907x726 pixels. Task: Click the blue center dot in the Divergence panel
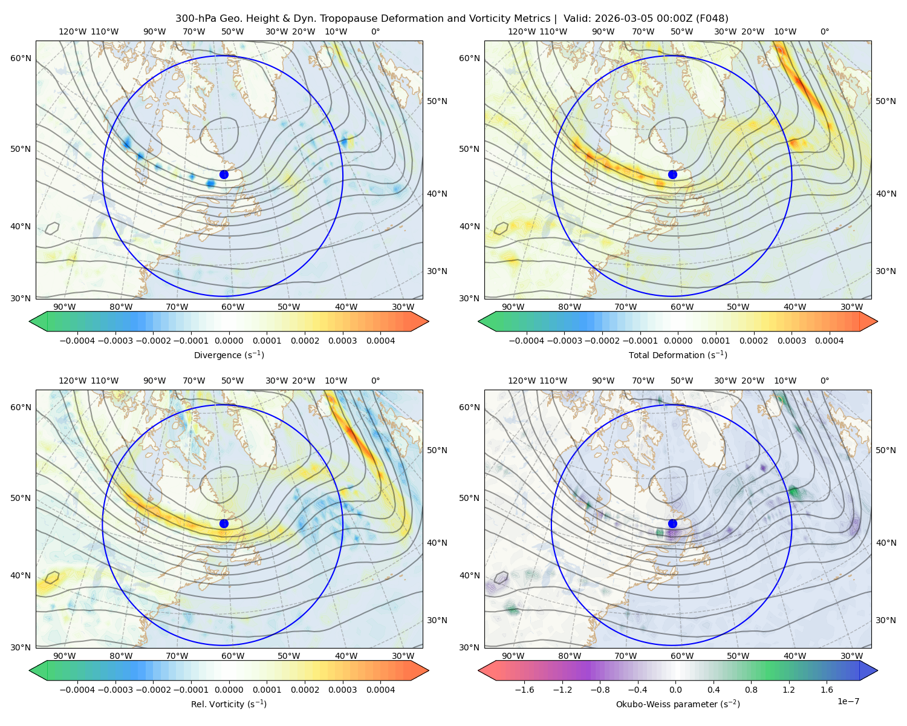pos(224,174)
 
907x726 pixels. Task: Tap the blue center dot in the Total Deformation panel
pos(672,174)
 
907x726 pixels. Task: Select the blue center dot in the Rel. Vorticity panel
pos(224,523)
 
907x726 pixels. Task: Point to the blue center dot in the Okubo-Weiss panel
pos(672,523)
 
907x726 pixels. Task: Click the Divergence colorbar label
pos(229,355)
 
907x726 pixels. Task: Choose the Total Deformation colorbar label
pos(678,355)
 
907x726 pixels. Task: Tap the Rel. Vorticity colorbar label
pos(229,704)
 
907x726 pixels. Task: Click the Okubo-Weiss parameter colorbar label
pos(678,704)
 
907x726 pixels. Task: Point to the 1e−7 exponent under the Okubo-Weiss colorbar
pos(848,702)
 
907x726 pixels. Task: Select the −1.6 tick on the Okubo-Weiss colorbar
pos(524,690)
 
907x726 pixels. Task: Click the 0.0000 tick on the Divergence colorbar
pos(229,341)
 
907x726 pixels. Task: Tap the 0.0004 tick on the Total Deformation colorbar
pos(829,341)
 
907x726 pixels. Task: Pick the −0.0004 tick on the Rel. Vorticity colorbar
pos(77,690)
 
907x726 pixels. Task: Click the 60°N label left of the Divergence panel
pos(21,58)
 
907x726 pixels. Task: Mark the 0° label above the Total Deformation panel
pos(824,31)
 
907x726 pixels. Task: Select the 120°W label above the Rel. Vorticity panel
pos(73,381)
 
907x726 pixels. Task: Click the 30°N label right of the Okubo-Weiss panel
pos(886,620)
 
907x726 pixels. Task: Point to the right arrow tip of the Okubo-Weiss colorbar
pos(877,670)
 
